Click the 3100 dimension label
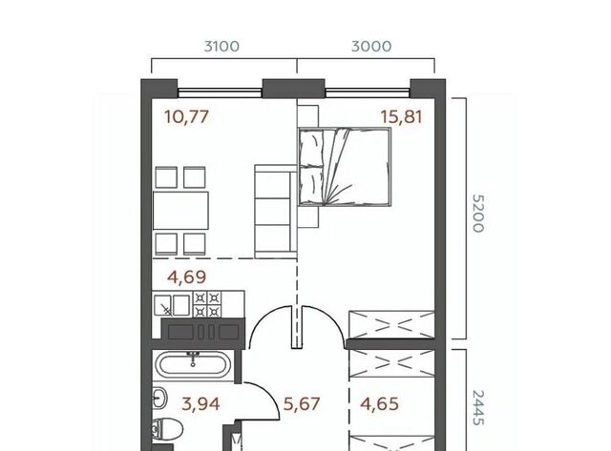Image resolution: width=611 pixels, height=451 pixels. coord(221,47)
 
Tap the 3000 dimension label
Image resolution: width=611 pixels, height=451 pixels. coord(371,47)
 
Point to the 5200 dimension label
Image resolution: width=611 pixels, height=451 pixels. coord(478,214)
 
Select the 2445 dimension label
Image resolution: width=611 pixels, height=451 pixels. coord(478,407)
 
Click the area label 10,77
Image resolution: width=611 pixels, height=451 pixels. coord(187,116)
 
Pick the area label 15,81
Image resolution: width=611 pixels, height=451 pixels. coord(401,116)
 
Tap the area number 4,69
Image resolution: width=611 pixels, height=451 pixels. coord(187,277)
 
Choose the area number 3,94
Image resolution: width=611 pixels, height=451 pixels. coord(200,404)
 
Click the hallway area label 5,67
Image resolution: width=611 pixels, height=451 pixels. coord(302,404)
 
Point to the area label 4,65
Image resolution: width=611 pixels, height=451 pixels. coord(380,404)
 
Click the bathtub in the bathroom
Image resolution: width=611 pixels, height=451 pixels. coord(193,365)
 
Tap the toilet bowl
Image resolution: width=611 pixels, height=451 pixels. coord(168,430)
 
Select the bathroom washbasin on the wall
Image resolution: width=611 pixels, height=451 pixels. coord(159,399)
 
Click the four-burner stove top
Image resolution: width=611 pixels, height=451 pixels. coord(207,304)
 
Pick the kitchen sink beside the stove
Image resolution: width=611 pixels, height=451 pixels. coord(172,305)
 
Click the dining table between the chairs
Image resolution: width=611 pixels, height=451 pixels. coord(180,210)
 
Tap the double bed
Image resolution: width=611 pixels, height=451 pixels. coord(345,167)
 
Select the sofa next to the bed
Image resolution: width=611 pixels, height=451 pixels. coord(276,211)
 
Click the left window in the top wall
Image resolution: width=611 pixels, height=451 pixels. coord(220,92)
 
